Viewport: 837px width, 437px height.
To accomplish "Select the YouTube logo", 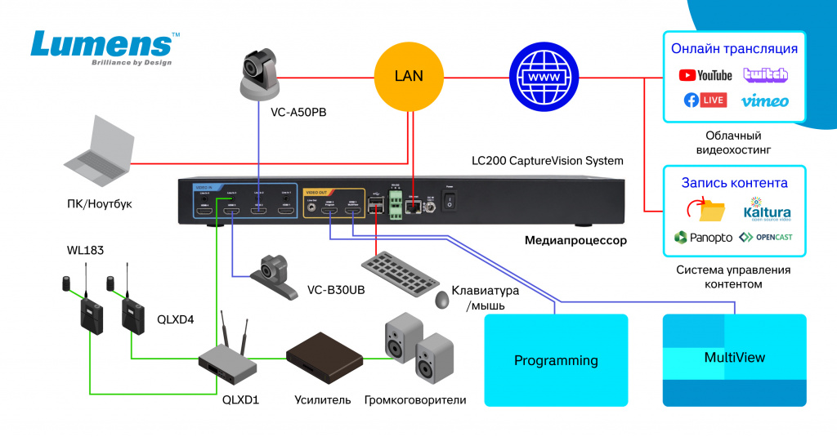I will [x=705, y=75].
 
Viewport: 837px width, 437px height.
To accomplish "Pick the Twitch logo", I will [x=765, y=74].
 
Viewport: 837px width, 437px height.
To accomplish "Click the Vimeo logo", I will [x=765, y=101].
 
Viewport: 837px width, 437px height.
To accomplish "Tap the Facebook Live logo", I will [x=705, y=100].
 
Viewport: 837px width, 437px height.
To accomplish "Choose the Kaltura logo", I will [x=767, y=209].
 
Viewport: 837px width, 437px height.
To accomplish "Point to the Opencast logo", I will [x=766, y=238].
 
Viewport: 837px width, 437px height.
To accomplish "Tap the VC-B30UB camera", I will [x=273, y=276].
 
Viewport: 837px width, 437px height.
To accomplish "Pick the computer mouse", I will [x=442, y=299].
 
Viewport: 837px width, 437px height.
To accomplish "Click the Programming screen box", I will [x=556, y=360].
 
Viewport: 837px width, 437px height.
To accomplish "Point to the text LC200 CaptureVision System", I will [x=548, y=161].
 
